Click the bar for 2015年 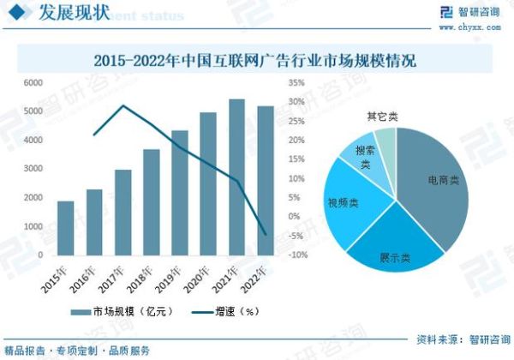65,228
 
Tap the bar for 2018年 151,202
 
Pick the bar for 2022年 266,181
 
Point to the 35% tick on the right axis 296,83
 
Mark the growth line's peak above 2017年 123,106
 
